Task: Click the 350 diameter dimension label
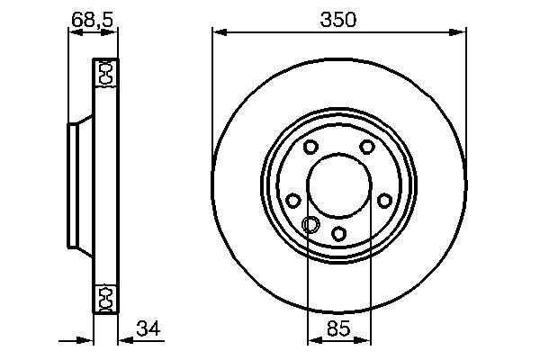coord(339,18)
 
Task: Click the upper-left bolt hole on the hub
coord(310,148)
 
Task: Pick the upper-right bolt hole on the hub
coord(367,148)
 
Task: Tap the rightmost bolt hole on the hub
coord(385,201)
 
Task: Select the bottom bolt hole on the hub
coord(338,234)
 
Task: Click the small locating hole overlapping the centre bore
coord(310,224)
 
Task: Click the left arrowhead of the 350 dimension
coord(218,34)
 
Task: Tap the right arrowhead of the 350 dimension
coord(462,34)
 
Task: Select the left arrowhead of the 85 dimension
coord(313,341)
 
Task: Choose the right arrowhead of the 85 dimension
coord(365,341)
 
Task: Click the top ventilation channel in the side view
coord(103,73)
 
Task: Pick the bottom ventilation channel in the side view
coord(103,296)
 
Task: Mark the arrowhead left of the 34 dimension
coord(87,341)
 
